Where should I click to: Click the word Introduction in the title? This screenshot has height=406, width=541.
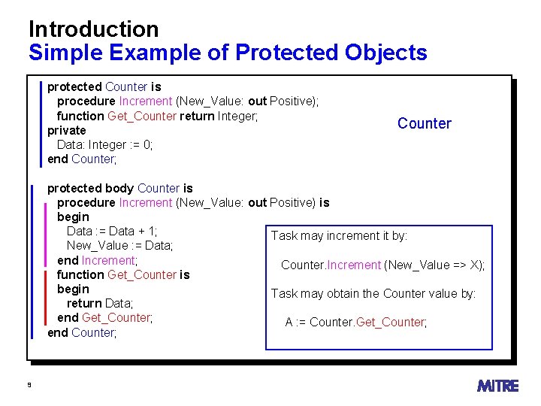(93, 29)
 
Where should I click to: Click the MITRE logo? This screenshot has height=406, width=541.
(497, 386)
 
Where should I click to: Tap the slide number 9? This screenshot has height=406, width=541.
(29, 385)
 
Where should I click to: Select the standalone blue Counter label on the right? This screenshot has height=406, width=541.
(425, 123)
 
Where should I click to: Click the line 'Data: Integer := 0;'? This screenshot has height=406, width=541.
(104, 144)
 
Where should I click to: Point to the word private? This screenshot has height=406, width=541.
(67, 130)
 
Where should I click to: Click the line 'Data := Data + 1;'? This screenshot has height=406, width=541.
(112, 231)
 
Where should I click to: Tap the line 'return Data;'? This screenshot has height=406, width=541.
(100, 303)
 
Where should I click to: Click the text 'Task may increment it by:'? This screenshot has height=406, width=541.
(339, 236)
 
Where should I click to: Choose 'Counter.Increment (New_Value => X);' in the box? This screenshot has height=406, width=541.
(382, 265)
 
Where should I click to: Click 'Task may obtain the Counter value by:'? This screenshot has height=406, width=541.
(373, 293)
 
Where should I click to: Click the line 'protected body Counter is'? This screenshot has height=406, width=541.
(120, 188)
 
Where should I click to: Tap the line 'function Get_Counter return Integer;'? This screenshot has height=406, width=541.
(158, 116)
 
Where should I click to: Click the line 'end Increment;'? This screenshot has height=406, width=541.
(97, 260)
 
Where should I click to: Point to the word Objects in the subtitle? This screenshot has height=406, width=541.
(386, 53)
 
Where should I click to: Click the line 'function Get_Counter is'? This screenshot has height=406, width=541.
(123, 274)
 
